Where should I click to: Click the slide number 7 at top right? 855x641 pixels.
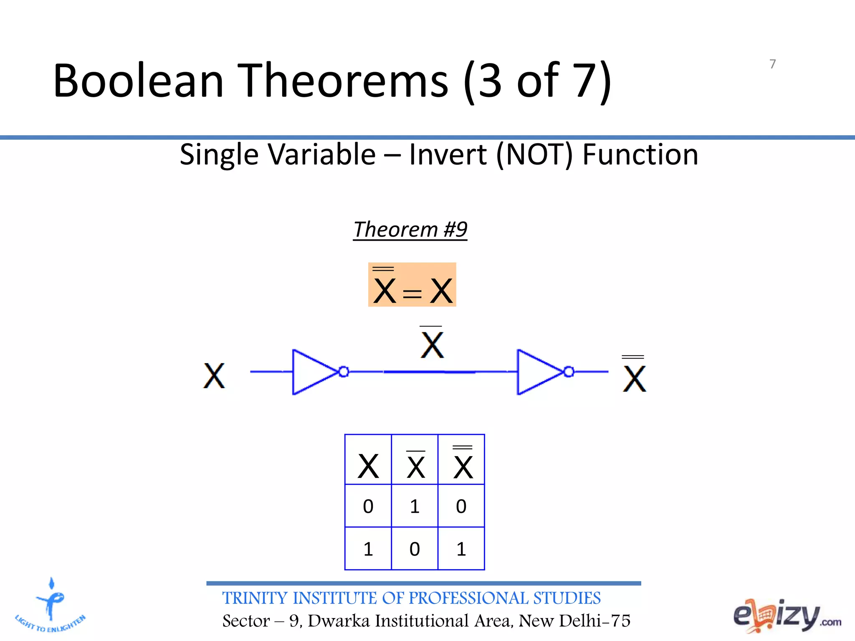[772, 64]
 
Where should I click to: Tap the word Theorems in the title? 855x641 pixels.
[345, 81]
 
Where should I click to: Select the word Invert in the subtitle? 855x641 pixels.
[448, 155]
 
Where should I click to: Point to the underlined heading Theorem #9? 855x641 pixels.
[410, 230]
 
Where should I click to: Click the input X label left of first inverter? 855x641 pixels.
[214, 376]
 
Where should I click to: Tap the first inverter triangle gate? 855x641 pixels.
[313, 372]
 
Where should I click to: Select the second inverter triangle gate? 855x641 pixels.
[538, 372]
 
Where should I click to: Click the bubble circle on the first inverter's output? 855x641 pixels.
[344, 371]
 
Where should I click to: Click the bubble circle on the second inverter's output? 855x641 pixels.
[569, 371]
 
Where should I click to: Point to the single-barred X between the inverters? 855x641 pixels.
[432, 344]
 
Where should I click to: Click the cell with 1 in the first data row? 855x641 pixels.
[415, 506]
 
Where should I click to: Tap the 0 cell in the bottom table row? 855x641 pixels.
[415, 549]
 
